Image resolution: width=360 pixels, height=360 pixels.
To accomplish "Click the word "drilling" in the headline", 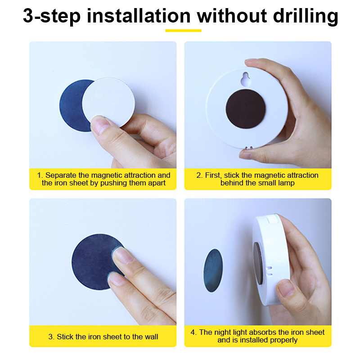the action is [x=306, y=16].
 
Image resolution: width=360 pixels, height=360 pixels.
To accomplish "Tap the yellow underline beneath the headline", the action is [x=183, y=31].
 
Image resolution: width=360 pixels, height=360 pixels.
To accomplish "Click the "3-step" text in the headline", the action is [x=52, y=17].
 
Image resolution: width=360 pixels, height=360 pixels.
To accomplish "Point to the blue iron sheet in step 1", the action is [x=72, y=106].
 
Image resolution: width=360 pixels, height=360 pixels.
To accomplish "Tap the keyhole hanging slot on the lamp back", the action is [x=246, y=79].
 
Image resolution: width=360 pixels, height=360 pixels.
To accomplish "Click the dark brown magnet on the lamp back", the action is [x=246, y=109].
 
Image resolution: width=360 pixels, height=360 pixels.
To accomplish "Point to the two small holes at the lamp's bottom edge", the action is [x=249, y=148].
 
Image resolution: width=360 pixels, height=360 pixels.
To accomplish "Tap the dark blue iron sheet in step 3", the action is [x=94, y=262].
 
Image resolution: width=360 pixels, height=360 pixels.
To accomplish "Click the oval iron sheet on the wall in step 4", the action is [x=213, y=270].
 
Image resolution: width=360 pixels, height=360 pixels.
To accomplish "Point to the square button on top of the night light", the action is [x=273, y=219].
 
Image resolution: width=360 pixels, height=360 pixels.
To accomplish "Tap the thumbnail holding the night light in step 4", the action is [x=286, y=288].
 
